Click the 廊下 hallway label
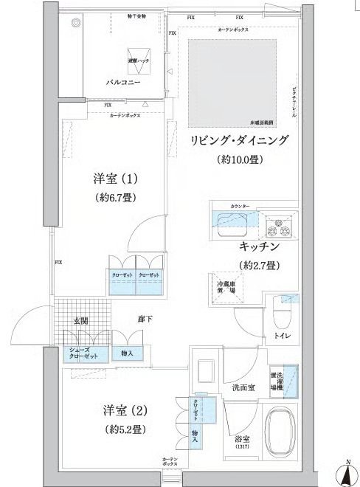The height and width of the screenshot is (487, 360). click(145, 320)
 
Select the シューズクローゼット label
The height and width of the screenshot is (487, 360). click(83, 353)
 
